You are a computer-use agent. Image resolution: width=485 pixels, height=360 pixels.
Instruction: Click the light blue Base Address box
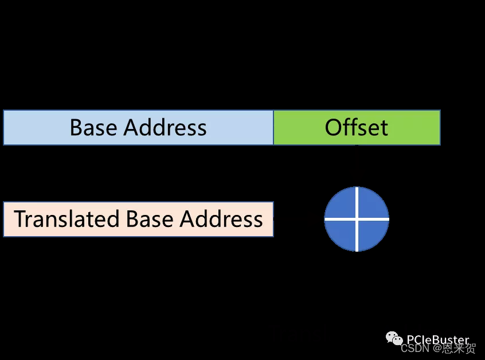(x=138, y=127)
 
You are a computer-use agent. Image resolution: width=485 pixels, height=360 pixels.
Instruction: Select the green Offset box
(x=357, y=127)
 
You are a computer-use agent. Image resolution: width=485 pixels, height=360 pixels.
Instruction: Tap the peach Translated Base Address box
(x=138, y=219)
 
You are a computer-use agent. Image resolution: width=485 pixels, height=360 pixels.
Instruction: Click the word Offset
(x=357, y=127)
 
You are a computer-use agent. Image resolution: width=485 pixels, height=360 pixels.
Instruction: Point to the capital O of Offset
(x=333, y=127)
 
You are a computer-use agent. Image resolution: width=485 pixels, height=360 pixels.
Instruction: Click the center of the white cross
(x=357, y=219)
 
